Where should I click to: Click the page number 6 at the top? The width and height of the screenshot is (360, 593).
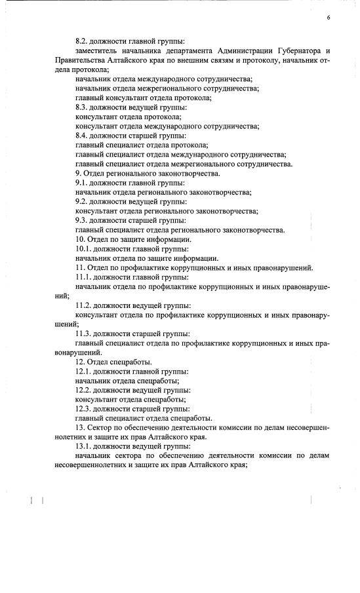coord(329,18)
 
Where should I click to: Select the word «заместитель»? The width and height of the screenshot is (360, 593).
coord(96,50)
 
